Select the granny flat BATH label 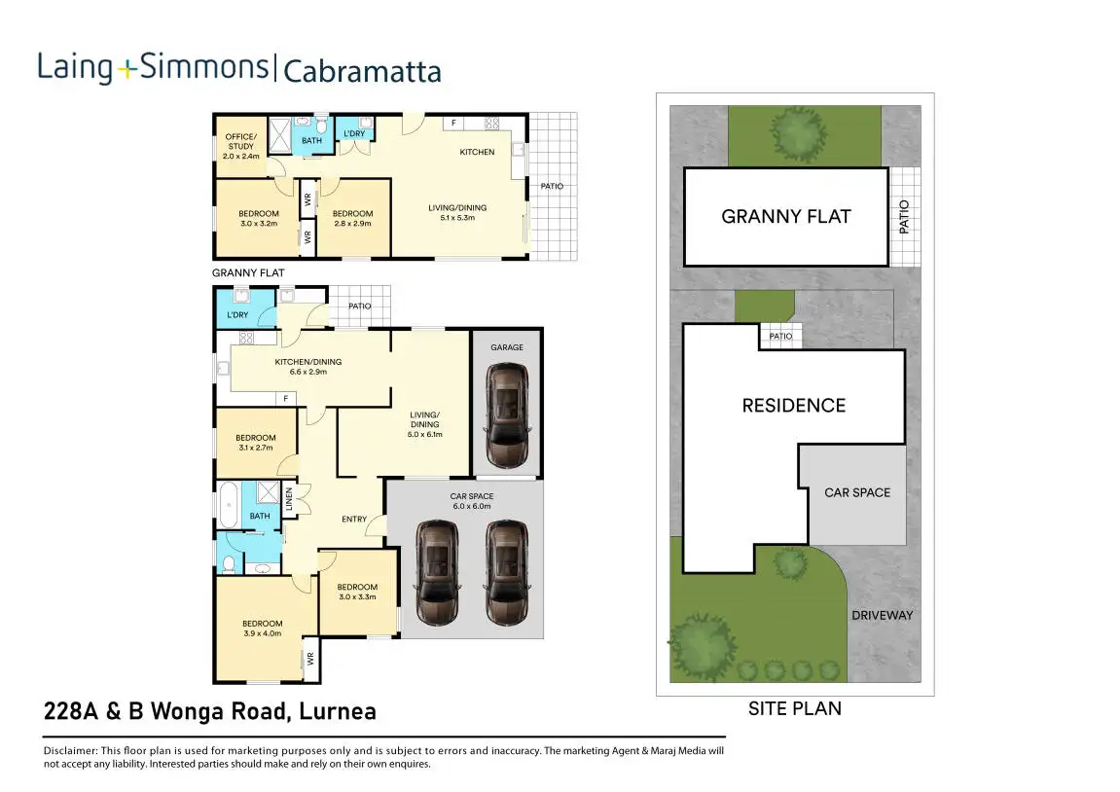[311, 141]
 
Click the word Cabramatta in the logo [362, 71]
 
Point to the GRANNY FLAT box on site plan [785, 216]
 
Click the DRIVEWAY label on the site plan [882, 615]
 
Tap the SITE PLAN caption [794, 708]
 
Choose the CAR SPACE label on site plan [857, 492]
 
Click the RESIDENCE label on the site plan [793, 405]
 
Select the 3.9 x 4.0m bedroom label [263, 629]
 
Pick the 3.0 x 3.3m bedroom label [357, 592]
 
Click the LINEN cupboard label [289, 500]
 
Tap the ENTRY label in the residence [354, 519]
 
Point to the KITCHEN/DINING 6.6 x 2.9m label [307, 367]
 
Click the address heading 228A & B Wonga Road [210, 711]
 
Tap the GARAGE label [506, 347]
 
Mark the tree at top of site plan [794, 131]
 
